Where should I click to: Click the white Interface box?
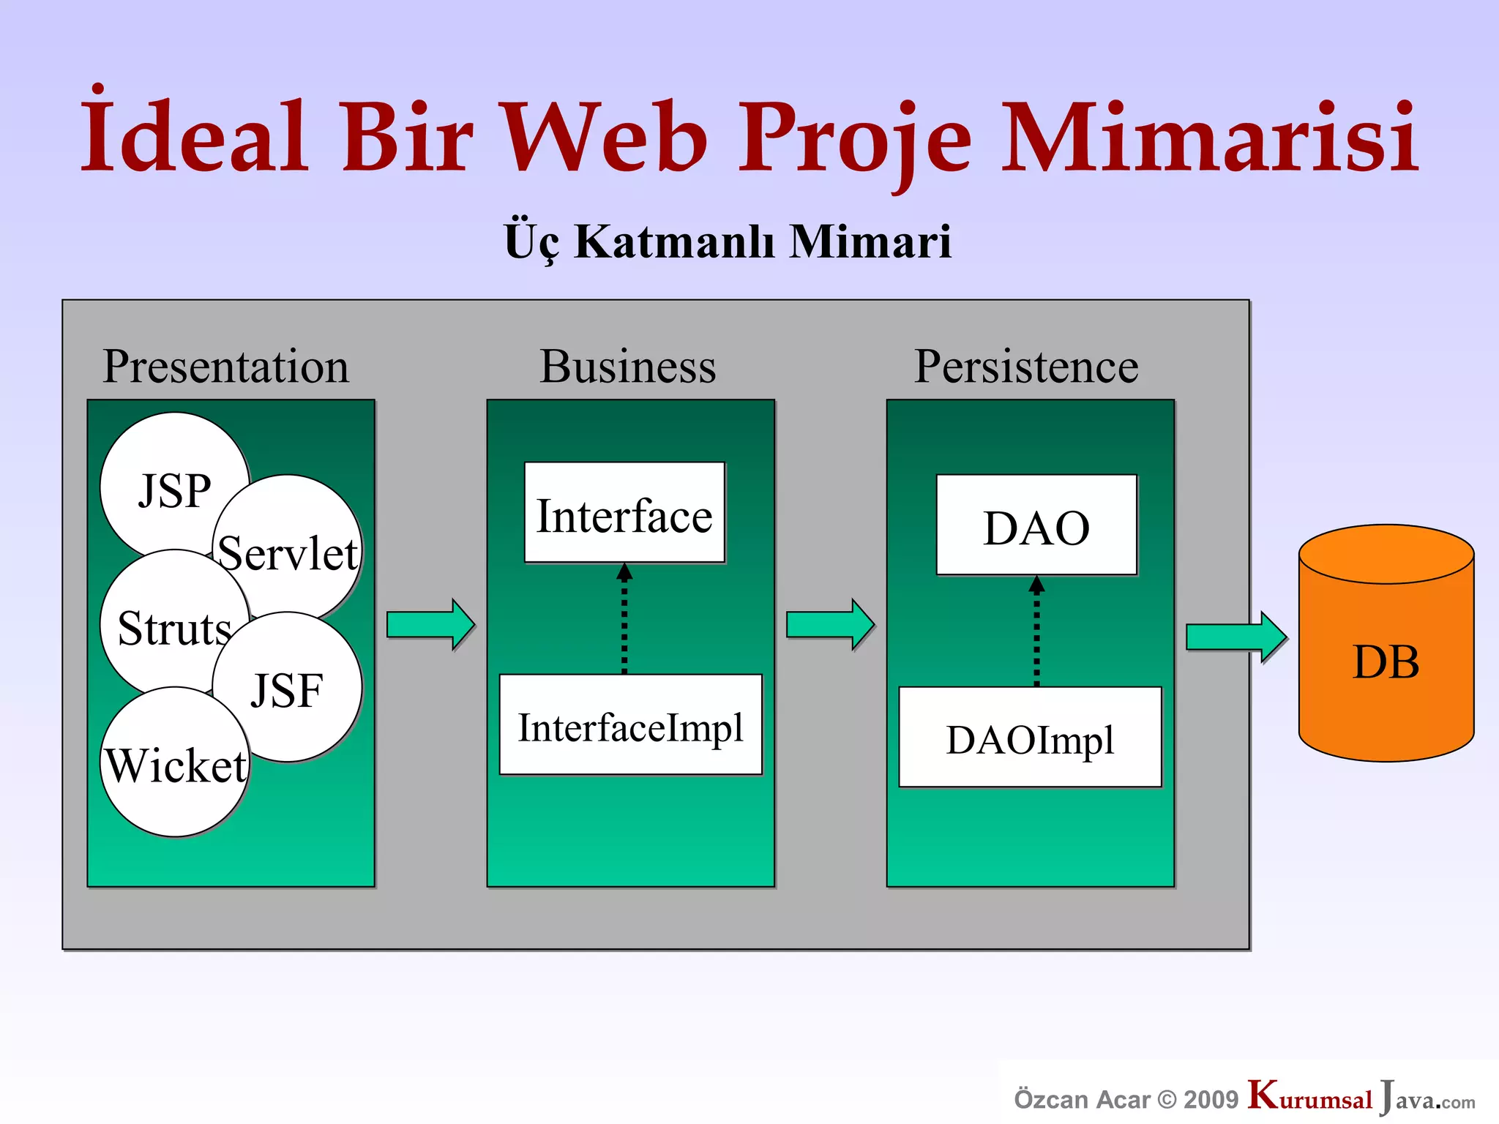pyautogui.click(x=624, y=513)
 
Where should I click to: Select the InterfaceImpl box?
pyautogui.click(x=630, y=724)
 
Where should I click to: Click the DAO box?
pyautogui.click(x=1036, y=525)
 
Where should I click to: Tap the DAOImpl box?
pyautogui.click(x=1030, y=738)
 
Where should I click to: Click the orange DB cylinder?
pyautogui.click(x=1386, y=659)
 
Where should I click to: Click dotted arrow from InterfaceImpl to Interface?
pyautogui.click(x=624, y=622)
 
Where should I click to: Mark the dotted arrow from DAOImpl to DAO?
pyautogui.click(x=1036, y=633)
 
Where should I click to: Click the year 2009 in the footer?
pyautogui.click(x=1211, y=1100)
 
